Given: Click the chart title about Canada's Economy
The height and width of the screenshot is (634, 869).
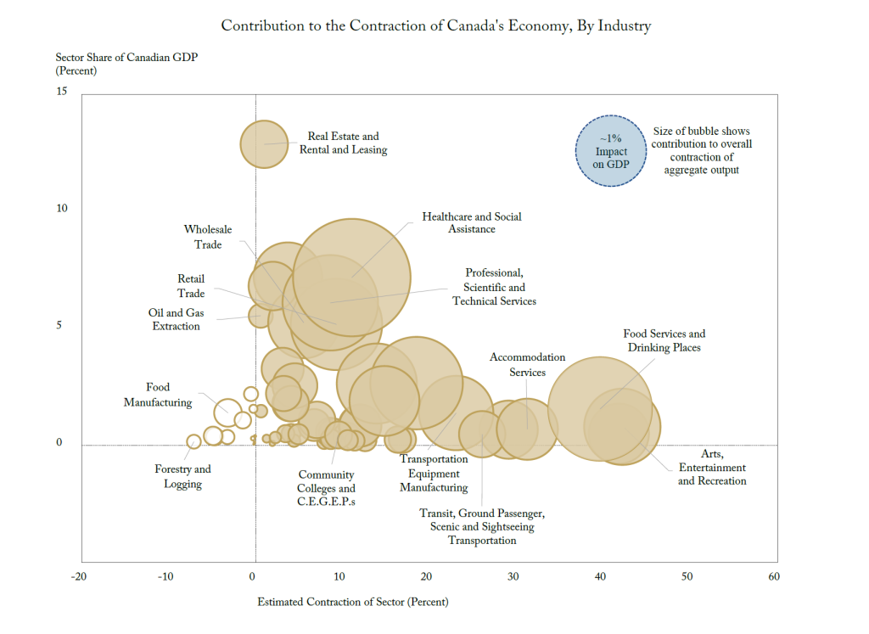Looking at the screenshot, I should coord(435,25).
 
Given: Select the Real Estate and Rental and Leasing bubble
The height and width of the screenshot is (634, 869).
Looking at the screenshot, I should coord(265,143).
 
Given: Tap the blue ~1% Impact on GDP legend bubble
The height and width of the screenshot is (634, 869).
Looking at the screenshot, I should coord(611,151).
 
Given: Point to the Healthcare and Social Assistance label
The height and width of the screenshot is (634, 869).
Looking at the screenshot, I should coord(472,222).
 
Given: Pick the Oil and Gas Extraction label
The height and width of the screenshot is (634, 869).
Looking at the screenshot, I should coord(176,320).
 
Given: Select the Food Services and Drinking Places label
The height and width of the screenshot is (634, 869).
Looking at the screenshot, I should coord(664,341).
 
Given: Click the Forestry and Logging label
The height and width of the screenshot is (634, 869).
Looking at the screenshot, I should coord(182,477).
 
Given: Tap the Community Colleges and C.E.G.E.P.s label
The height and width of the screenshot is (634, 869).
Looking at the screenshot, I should coord(326,489).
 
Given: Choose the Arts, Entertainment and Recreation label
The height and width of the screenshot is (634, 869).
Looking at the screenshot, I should coord(712,468).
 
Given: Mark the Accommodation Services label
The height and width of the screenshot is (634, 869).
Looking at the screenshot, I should coord(527,365).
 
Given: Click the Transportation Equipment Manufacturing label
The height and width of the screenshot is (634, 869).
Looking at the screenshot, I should coord(434,474).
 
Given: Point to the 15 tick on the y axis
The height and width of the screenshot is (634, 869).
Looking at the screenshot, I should coord(62,92).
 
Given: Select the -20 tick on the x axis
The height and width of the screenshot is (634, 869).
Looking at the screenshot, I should coord(78,577).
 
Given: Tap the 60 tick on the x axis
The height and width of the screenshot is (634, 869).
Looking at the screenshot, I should coord(772,577).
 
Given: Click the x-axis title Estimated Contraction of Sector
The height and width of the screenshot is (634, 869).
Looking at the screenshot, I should coord(352,603).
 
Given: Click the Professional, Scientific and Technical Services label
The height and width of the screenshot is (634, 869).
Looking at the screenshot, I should coord(494,287).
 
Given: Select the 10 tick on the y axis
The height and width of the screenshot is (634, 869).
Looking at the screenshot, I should coord(62,209).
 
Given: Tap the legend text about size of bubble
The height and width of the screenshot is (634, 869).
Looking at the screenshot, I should coord(701,151).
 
